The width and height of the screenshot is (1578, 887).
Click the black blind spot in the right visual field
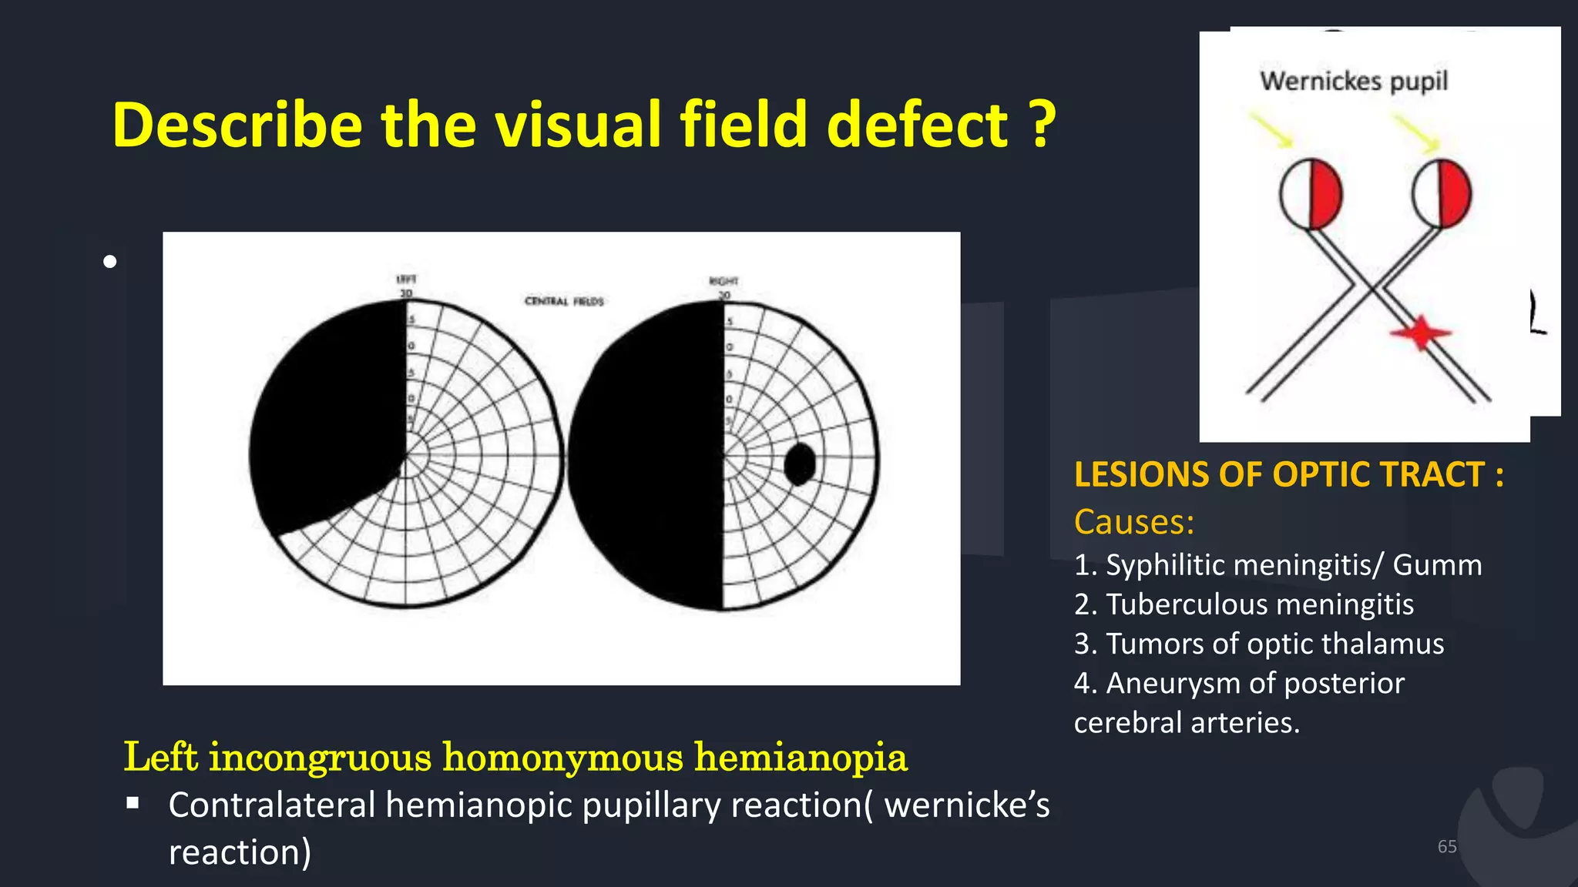coord(800,464)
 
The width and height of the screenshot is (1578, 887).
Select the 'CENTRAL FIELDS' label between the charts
coord(564,301)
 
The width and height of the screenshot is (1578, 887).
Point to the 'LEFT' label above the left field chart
coord(406,279)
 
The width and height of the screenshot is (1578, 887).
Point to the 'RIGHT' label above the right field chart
coord(724,281)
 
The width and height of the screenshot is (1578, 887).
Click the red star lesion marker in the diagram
coord(1420,333)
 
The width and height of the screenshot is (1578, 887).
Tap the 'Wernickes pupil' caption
coord(1354,81)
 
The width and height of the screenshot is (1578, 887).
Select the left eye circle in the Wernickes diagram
coord(1311,195)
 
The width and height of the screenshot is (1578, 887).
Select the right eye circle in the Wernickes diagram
coord(1442,194)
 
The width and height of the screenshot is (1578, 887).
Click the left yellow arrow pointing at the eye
coord(1271,130)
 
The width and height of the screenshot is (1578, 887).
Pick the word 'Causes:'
coord(1134,522)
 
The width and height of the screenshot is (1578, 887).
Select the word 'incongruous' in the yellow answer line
coord(320,757)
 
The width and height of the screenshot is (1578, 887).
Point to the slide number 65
coord(1446,846)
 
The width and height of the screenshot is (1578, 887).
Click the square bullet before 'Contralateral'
coord(133,804)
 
